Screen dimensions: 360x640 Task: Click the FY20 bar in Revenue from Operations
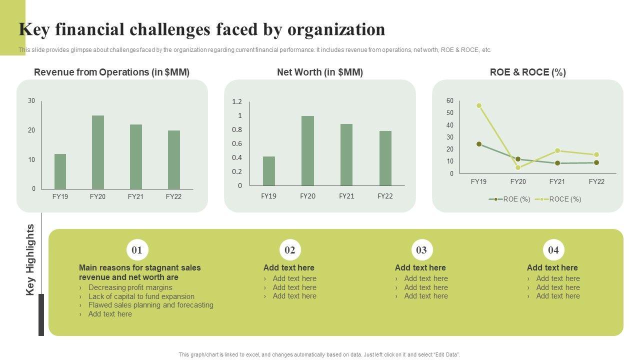(98, 152)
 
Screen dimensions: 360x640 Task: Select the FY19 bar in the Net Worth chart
(269, 171)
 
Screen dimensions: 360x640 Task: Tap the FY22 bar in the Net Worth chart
(385, 158)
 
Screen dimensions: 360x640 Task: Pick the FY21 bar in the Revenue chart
(136, 156)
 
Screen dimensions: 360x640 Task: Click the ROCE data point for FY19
(479, 105)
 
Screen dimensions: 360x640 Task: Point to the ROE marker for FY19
(479, 144)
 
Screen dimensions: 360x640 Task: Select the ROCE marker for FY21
(557, 150)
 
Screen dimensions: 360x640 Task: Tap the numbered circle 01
(137, 250)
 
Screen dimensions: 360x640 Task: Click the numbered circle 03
(421, 250)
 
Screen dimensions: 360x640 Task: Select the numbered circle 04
(553, 250)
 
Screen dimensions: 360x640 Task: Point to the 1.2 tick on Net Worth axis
(237, 102)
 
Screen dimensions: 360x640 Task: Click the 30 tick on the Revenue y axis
(31, 101)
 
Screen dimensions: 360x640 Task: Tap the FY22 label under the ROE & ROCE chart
(596, 181)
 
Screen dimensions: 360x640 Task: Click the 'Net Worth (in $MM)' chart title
(320, 72)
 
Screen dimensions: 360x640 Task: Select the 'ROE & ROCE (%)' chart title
(528, 72)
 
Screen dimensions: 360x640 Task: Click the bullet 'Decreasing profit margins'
(130, 287)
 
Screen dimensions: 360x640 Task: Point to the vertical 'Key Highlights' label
(30, 259)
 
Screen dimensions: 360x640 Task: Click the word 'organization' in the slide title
(336, 30)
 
